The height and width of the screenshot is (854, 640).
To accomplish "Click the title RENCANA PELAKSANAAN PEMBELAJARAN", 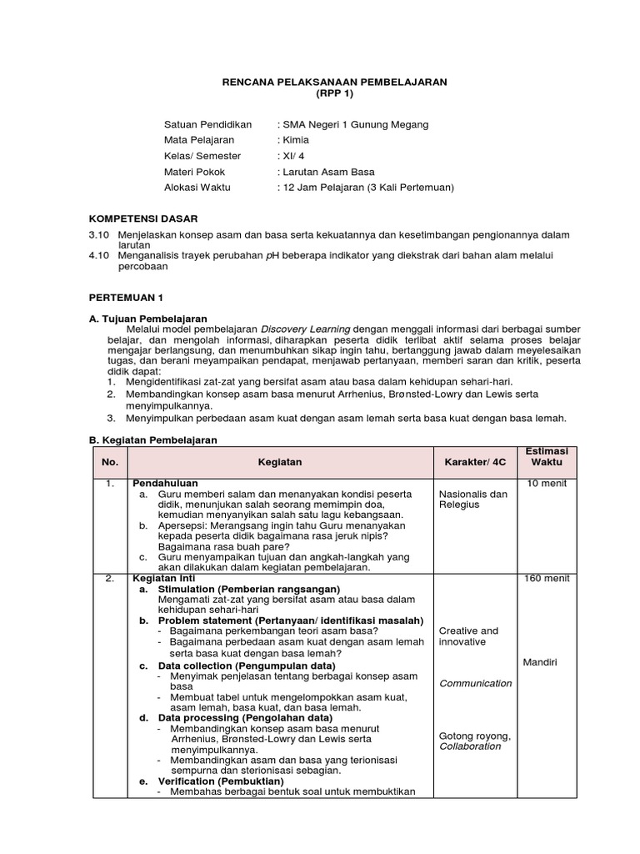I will (334, 82).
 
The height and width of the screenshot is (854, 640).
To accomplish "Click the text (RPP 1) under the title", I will (334, 93).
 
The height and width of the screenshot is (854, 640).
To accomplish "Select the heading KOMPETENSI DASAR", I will (143, 219).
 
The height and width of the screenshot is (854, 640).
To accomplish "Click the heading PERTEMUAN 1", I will (126, 297).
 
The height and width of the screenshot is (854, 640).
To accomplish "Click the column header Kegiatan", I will (280, 462).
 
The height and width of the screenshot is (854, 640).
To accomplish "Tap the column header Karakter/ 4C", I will (475, 462).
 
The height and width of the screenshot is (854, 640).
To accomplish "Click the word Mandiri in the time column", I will (540, 662).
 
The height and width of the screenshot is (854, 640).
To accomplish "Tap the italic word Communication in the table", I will (475, 683).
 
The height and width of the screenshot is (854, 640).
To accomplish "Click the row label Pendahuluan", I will (165, 484).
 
